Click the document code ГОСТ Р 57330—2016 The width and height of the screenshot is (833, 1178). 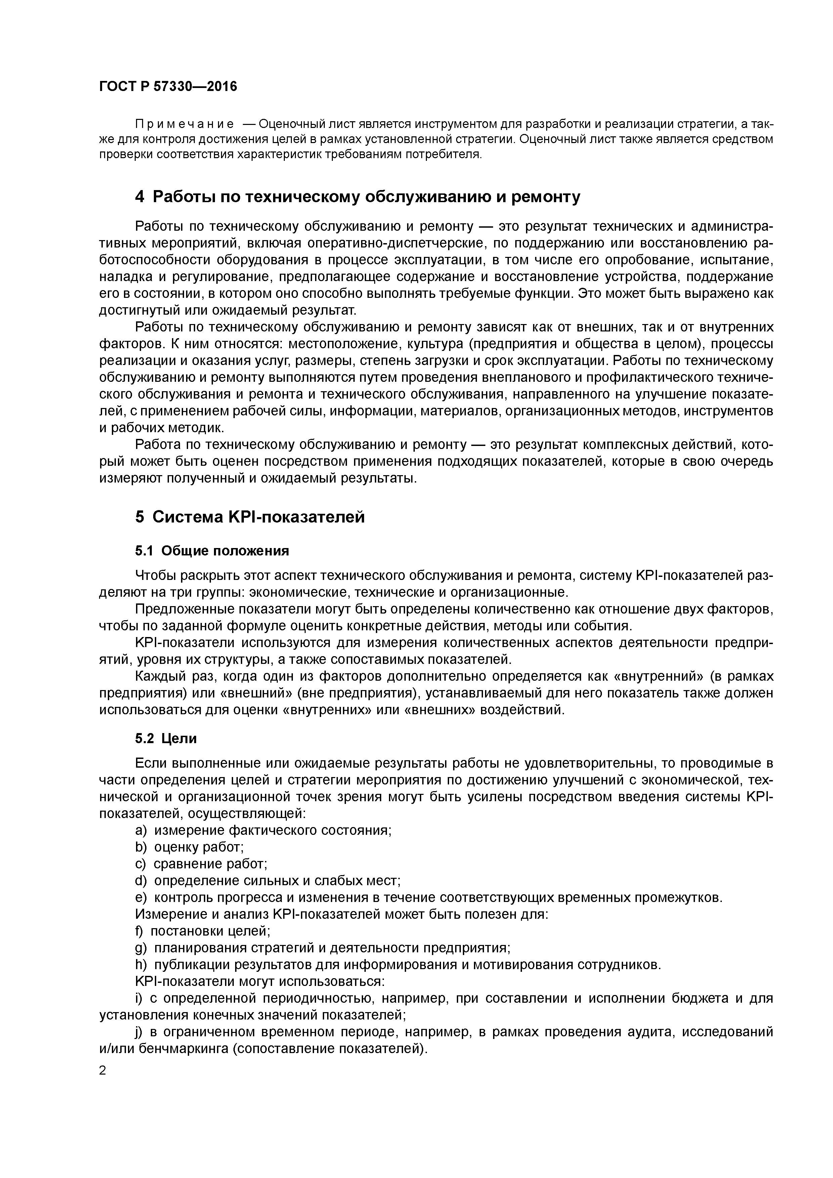(x=168, y=87)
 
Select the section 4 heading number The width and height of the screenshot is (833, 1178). (x=140, y=197)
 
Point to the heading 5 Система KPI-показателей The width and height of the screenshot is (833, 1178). (x=250, y=517)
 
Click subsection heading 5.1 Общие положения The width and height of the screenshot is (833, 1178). (x=212, y=551)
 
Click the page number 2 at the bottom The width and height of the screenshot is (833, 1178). (x=103, y=1071)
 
